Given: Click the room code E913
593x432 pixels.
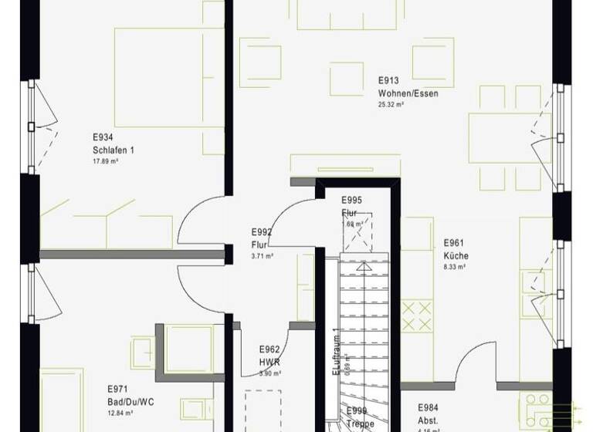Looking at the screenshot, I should click(388, 80).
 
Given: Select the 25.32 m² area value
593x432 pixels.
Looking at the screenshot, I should click(391, 104).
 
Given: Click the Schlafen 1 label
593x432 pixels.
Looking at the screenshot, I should click(113, 150).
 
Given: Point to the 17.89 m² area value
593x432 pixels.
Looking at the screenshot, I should click(105, 162).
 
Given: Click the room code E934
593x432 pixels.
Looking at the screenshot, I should click(103, 138).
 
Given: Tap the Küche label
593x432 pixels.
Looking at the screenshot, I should click(456, 256).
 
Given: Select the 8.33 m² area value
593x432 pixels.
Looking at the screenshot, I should click(454, 267).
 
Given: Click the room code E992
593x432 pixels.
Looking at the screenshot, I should click(262, 231).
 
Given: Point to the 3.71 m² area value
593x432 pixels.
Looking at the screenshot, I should click(263, 255).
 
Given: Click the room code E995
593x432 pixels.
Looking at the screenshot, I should click(352, 201).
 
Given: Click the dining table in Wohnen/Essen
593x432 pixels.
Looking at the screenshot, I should click(510, 138).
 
